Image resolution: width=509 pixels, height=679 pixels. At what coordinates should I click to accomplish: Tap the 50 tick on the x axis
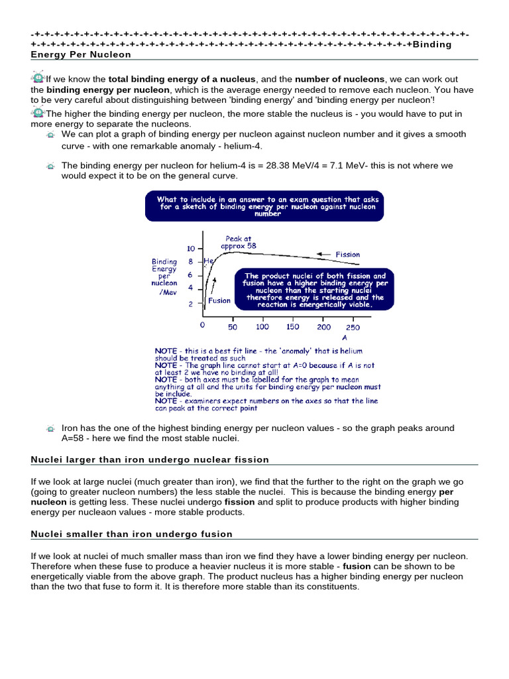pyautogui.click(x=233, y=327)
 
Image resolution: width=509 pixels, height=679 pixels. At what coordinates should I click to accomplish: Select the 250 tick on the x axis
pyautogui.click(x=353, y=327)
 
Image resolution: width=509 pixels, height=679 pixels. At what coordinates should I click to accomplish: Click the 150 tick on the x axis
pyautogui.click(x=292, y=327)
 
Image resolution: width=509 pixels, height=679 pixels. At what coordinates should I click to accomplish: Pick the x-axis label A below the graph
pyautogui.click(x=344, y=338)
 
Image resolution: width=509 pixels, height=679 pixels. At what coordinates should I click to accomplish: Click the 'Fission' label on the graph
pyautogui.click(x=348, y=254)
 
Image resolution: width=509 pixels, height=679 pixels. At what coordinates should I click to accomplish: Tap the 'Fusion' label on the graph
pyautogui.click(x=219, y=300)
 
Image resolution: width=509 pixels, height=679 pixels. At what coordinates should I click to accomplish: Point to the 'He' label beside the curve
pyautogui.click(x=209, y=261)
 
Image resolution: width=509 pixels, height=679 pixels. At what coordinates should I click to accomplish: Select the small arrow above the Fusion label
pyautogui.click(x=213, y=285)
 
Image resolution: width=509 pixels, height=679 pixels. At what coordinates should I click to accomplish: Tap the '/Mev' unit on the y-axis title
pyautogui.click(x=169, y=292)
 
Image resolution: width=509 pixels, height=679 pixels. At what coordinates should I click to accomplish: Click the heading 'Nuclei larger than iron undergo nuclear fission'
pyautogui.click(x=150, y=460)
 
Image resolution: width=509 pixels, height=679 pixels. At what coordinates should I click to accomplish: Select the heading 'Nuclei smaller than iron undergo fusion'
pyautogui.click(x=132, y=534)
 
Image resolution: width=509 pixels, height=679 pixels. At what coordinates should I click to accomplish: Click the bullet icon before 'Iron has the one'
pyautogui.click(x=50, y=429)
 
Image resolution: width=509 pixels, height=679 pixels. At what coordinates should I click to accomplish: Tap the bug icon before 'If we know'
pyautogui.click(x=38, y=78)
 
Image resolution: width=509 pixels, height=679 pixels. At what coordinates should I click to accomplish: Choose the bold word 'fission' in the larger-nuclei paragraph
pyautogui.click(x=240, y=503)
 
